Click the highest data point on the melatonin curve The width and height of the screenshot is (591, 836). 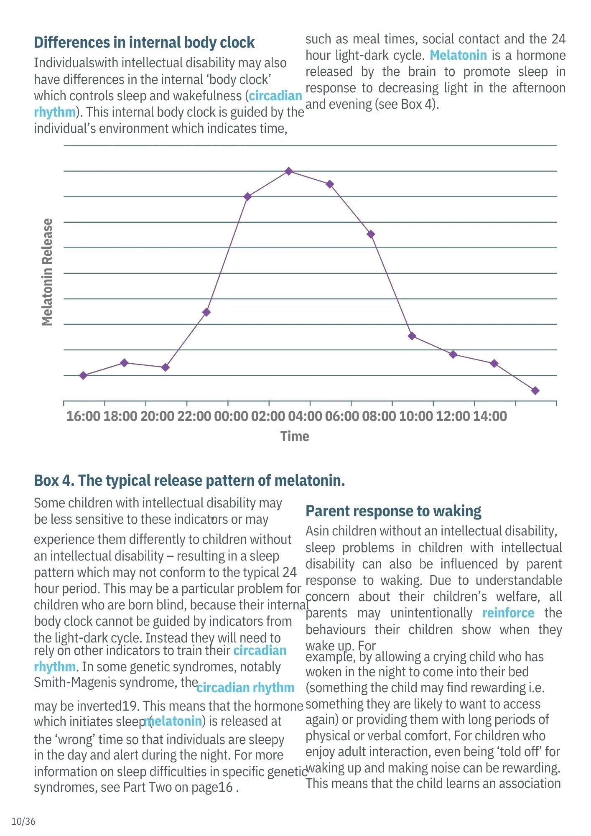pos(288,171)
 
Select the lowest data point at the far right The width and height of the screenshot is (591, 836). pos(535,391)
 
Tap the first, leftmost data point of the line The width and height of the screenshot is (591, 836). pos(83,375)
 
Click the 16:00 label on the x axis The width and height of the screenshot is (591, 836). pos(83,416)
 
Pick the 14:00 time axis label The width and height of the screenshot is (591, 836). pos(489,416)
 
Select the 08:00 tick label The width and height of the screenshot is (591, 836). pos(379,416)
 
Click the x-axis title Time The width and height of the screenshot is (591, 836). pos(295,436)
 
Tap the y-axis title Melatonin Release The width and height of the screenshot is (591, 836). pos(47,272)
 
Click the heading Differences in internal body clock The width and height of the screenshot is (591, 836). pos(144,43)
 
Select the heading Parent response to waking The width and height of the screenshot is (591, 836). pos(393,511)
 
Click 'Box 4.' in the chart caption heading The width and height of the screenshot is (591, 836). pos(54,481)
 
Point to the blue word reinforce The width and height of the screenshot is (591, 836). pos(508,613)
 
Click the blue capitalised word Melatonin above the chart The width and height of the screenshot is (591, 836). pos(458,55)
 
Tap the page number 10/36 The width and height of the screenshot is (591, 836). pos(23,821)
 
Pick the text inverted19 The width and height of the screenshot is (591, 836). pos(106,706)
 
